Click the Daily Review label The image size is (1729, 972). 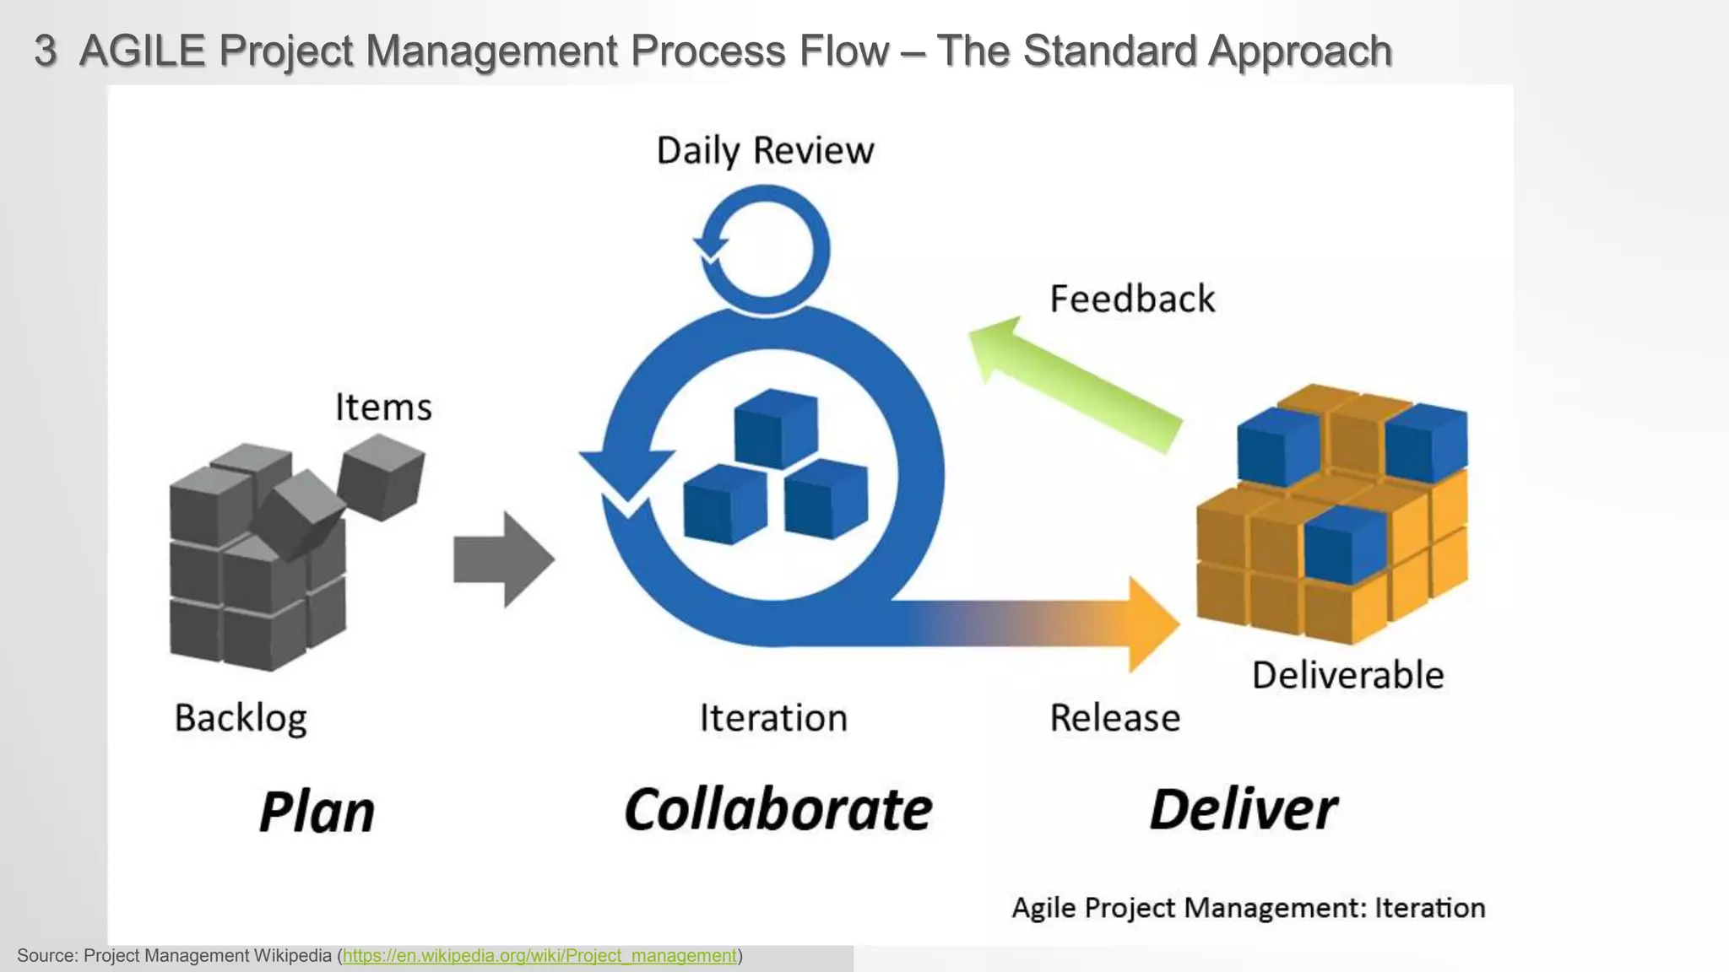click(765, 152)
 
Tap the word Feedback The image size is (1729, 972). click(1131, 300)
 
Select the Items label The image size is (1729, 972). click(383, 408)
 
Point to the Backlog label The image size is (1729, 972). click(241, 718)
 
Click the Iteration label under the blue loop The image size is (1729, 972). click(772, 718)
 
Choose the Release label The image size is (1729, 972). click(1114, 718)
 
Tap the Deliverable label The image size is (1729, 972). click(1347, 676)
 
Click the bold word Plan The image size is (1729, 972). click(317, 812)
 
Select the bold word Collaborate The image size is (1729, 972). click(778, 810)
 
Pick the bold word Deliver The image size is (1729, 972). click(1243, 810)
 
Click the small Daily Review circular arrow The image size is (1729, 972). click(764, 250)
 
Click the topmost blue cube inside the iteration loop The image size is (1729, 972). click(775, 429)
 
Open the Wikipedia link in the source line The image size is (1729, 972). click(539, 956)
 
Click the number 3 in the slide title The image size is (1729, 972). click(46, 51)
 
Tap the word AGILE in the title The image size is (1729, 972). click(142, 51)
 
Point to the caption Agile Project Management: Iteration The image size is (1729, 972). click(1248, 908)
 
